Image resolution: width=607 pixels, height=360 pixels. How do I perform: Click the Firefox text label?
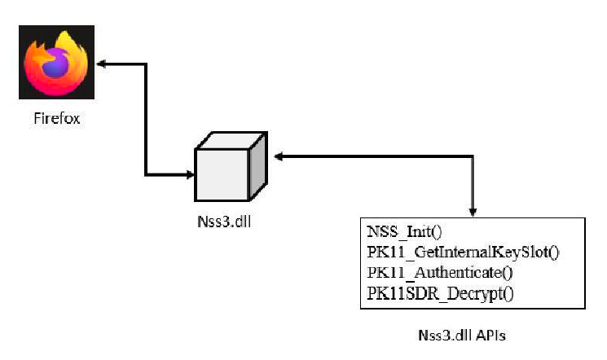click(x=57, y=119)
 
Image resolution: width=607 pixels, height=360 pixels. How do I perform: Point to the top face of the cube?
click(x=232, y=138)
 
